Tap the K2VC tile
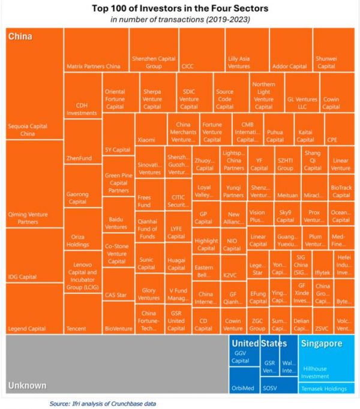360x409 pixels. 230,274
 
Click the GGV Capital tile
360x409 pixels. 240,358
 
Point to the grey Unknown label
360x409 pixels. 27,386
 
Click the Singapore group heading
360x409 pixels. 321,344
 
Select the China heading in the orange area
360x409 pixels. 20,36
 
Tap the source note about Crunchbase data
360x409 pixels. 103,404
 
